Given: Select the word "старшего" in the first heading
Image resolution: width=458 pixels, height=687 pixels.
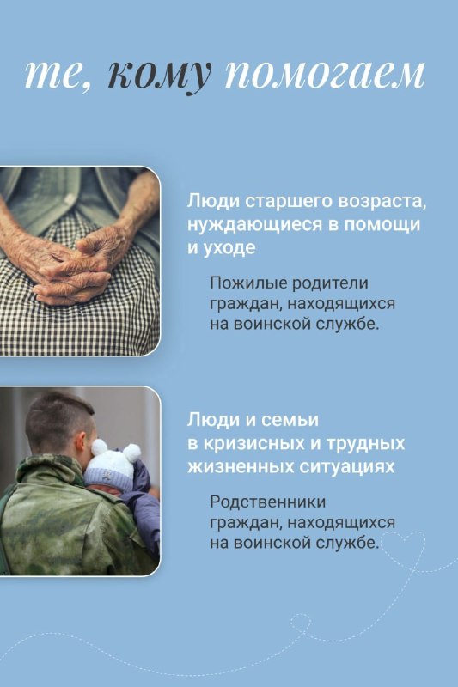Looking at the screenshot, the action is coord(286,202).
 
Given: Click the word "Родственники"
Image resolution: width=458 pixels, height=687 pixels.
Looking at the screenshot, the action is coord(268,502).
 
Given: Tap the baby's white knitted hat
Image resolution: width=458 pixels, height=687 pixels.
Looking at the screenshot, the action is coord(111,466).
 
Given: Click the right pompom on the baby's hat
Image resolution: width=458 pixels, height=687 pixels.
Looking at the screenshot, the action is coord(132,453).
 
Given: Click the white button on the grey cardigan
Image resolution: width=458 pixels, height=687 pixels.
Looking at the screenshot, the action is coord(69,200).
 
